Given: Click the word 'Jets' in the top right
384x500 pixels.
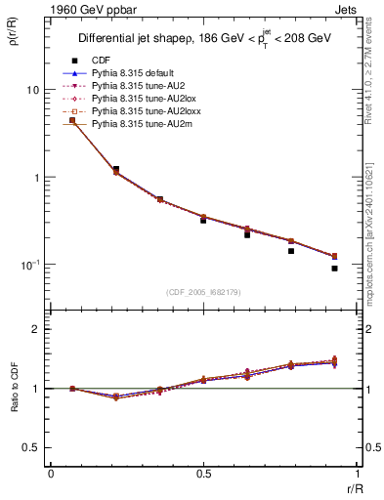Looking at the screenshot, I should click(346, 8).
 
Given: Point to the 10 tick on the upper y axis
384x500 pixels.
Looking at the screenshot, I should click(34, 90).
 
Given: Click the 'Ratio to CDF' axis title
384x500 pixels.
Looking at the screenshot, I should click(14, 388).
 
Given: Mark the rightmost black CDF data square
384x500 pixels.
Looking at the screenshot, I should click(334, 268).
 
